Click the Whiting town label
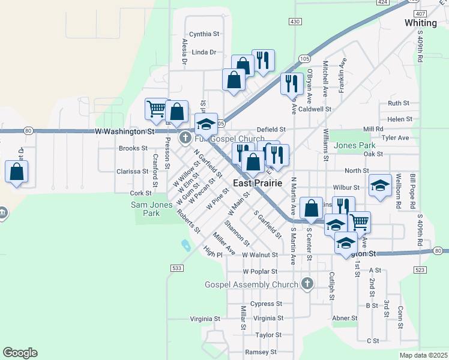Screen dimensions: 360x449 421,22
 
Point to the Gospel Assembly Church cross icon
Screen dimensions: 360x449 307,284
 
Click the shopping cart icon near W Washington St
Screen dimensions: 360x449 156,109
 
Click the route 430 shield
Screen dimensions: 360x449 295,22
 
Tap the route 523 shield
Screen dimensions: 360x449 420,271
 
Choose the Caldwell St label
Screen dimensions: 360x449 315,109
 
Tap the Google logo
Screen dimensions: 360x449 20,353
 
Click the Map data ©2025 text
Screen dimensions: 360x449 423,355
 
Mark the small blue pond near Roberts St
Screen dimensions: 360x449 185,245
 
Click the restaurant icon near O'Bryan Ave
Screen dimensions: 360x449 292,83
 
